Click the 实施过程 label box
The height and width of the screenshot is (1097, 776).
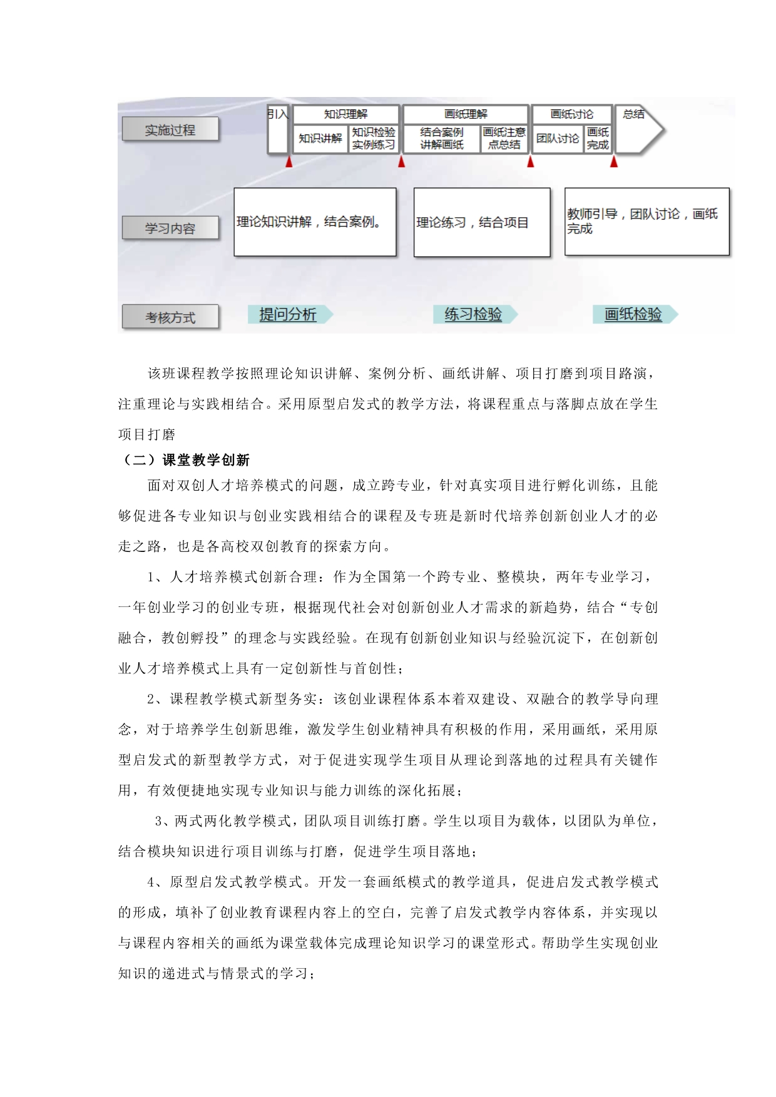pyautogui.click(x=170, y=130)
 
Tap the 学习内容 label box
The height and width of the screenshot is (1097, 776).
pyautogui.click(x=170, y=228)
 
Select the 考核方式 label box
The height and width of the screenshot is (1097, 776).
pyautogui.click(x=170, y=317)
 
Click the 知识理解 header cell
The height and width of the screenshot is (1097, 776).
pyautogui.click(x=345, y=114)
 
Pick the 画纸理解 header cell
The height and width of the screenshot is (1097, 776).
pyautogui.click(x=466, y=114)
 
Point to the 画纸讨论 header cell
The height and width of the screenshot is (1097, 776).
pyautogui.click(x=571, y=114)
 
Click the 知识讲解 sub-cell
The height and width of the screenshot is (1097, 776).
pyautogui.click(x=320, y=138)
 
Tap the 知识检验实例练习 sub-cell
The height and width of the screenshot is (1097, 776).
pyautogui.click(x=374, y=138)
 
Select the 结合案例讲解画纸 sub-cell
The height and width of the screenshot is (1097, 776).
pyautogui.click(x=441, y=138)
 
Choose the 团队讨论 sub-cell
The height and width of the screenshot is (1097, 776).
pyautogui.click(x=557, y=138)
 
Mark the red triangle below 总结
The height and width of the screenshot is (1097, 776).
pyautogui.click(x=614, y=162)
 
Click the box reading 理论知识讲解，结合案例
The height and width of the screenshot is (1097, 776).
pyautogui.click(x=315, y=222)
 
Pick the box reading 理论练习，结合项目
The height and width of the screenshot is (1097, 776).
pyautogui.click(x=481, y=222)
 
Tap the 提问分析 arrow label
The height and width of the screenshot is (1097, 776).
pyautogui.click(x=288, y=314)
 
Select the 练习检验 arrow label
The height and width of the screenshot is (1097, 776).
pyautogui.click(x=474, y=314)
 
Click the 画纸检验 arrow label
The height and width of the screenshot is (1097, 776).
pyautogui.click(x=633, y=314)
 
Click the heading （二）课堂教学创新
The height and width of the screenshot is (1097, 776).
pyautogui.click(x=184, y=460)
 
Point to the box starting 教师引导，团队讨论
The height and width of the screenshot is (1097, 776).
pyautogui.click(x=646, y=222)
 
